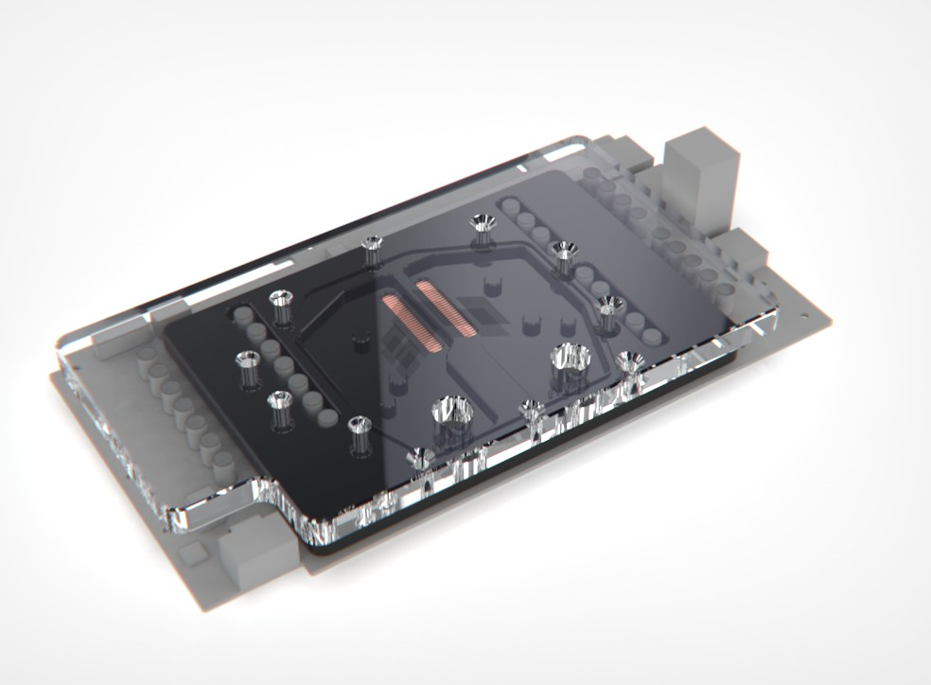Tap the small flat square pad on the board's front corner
(188, 553)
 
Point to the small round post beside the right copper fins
(491, 284)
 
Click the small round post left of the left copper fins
(360, 338)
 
